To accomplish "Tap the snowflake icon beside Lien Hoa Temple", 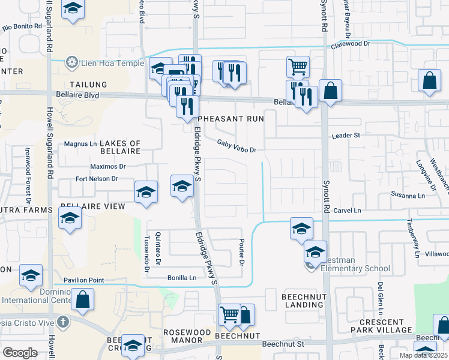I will pyautogui.click(x=72, y=63).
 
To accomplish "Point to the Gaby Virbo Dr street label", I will pyautogui.click(x=237, y=146).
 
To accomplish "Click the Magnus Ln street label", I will pyautogui.click(x=80, y=144).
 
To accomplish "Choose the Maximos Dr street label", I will pyautogui.click(x=107, y=166).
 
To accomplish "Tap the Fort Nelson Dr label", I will pyautogui.click(x=97, y=179).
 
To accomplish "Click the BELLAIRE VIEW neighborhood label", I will pyautogui.click(x=92, y=206).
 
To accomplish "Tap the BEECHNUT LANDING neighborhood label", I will pyautogui.click(x=303, y=301).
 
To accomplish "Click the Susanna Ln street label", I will pyautogui.click(x=408, y=196).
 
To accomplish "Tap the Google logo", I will pyautogui.click(x=20, y=353).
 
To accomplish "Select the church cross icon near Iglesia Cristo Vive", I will pyautogui.click(x=63, y=322).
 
